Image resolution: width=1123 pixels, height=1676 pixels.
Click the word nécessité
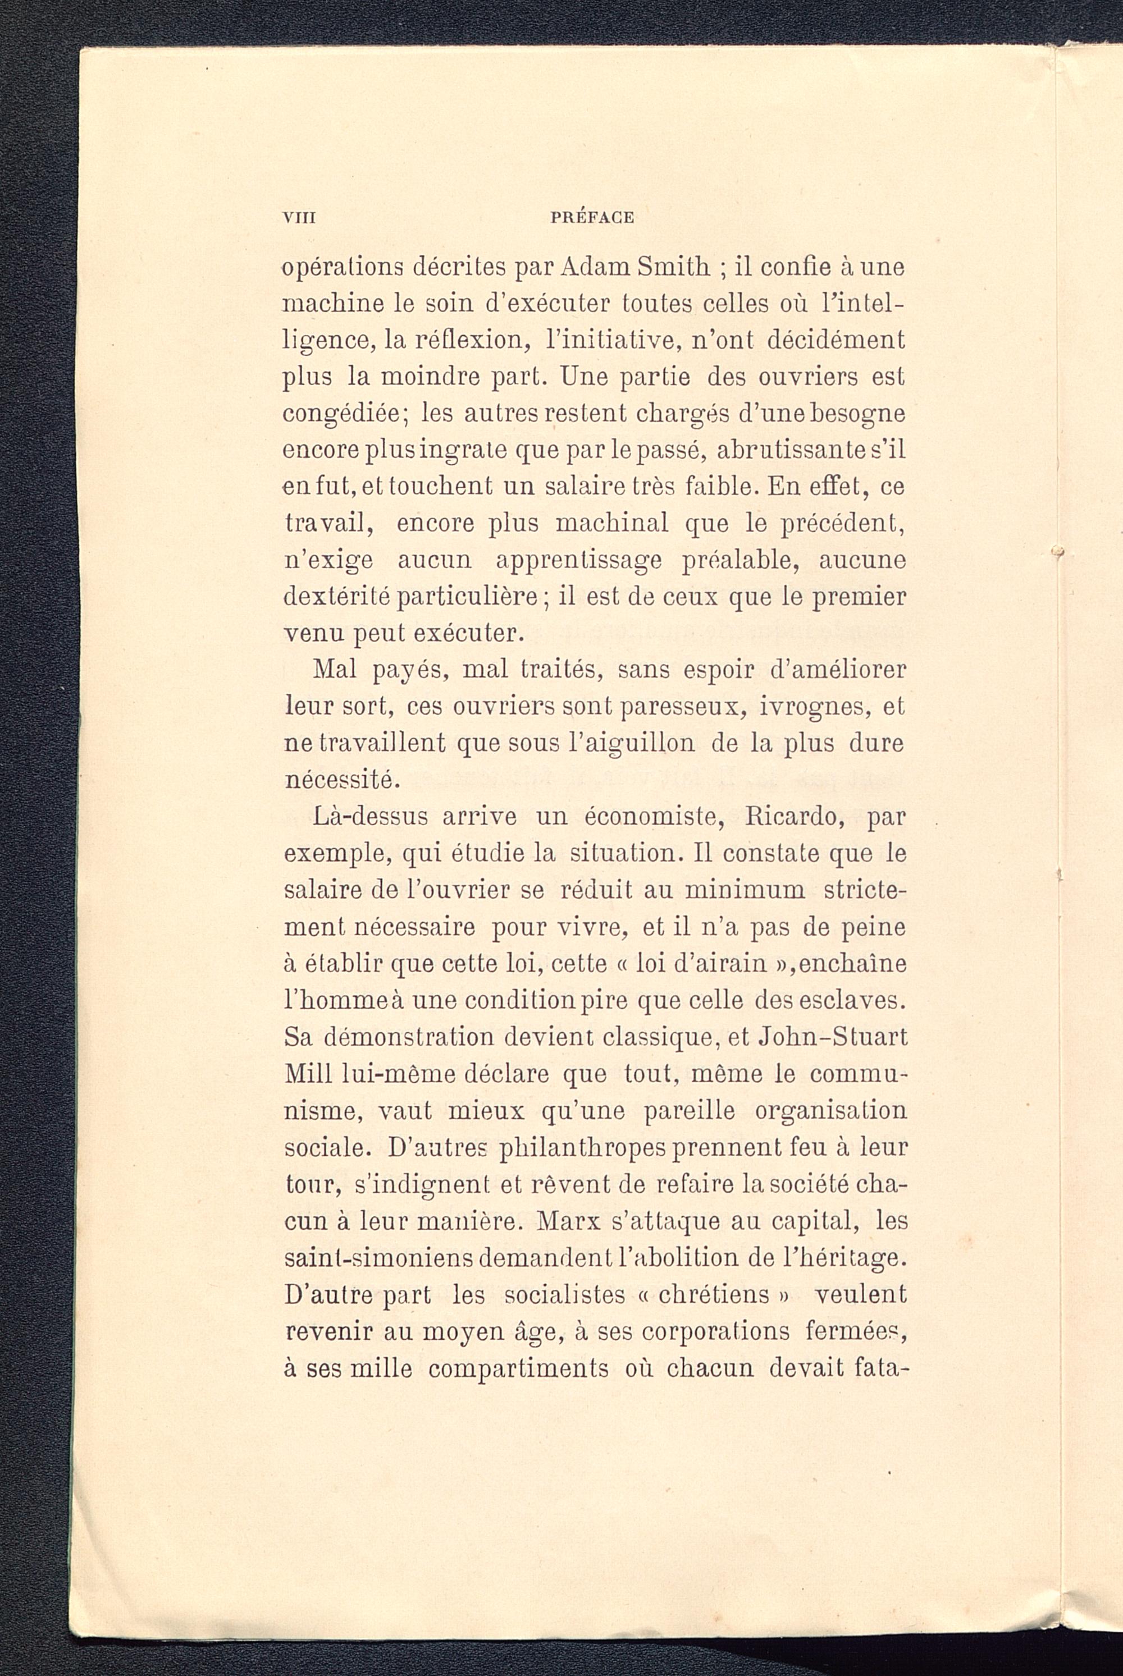[x=340, y=780]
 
